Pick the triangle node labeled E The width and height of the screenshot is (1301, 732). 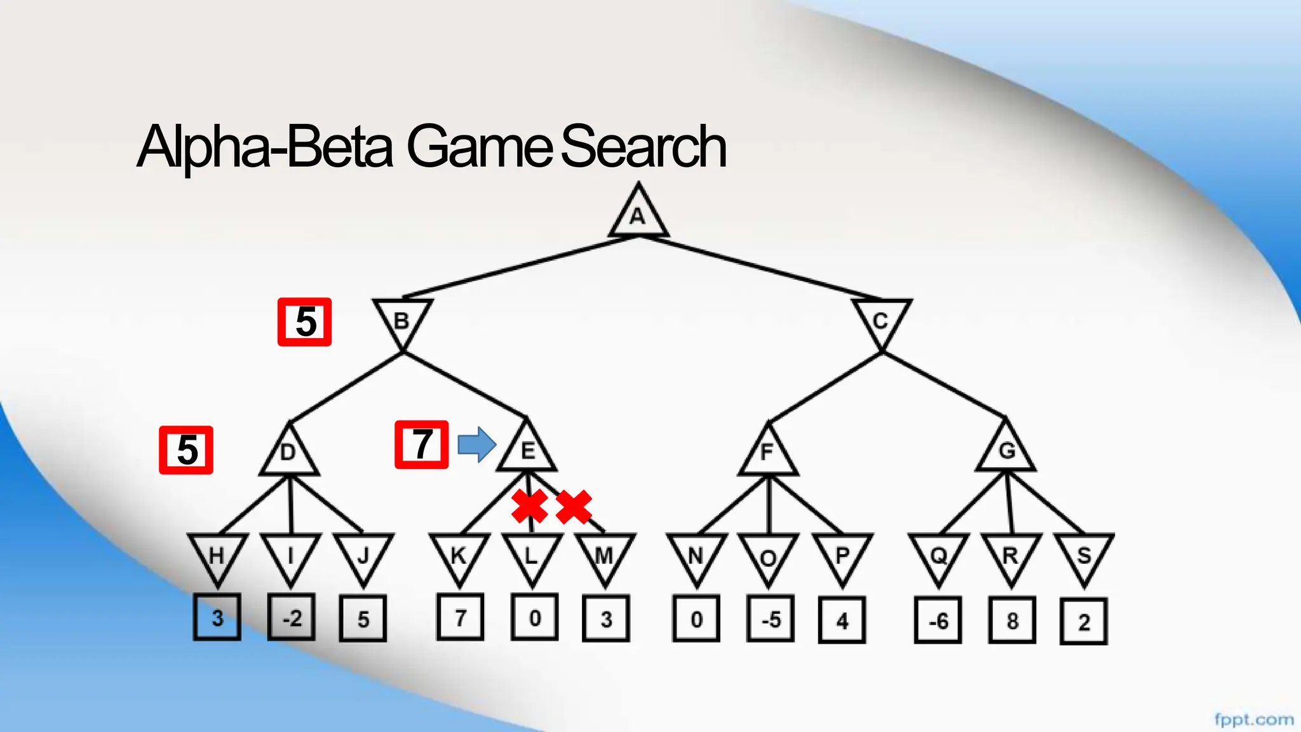click(x=527, y=449)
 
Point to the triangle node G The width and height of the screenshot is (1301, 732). click(x=1006, y=449)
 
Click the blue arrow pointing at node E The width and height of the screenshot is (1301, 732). click(x=476, y=444)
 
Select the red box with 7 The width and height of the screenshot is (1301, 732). click(x=422, y=445)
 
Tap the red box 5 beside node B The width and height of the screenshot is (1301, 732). click(x=305, y=322)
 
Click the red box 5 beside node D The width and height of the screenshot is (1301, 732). click(x=186, y=450)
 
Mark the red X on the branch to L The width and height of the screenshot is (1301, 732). click(x=530, y=506)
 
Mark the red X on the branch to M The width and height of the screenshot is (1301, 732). click(x=574, y=506)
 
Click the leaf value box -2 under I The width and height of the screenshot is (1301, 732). click(x=292, y=617)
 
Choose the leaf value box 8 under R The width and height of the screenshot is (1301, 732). click(x=1012, y=620)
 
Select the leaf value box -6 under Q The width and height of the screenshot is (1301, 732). click(x=938, y=620)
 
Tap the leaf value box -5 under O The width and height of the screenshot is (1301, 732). click(x=770, y=619)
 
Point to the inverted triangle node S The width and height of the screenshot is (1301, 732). click(x=1084, y=556)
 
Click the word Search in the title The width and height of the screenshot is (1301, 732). click(x=643, y=147)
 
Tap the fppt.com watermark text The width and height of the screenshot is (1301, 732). click(x=1253, y=719)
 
